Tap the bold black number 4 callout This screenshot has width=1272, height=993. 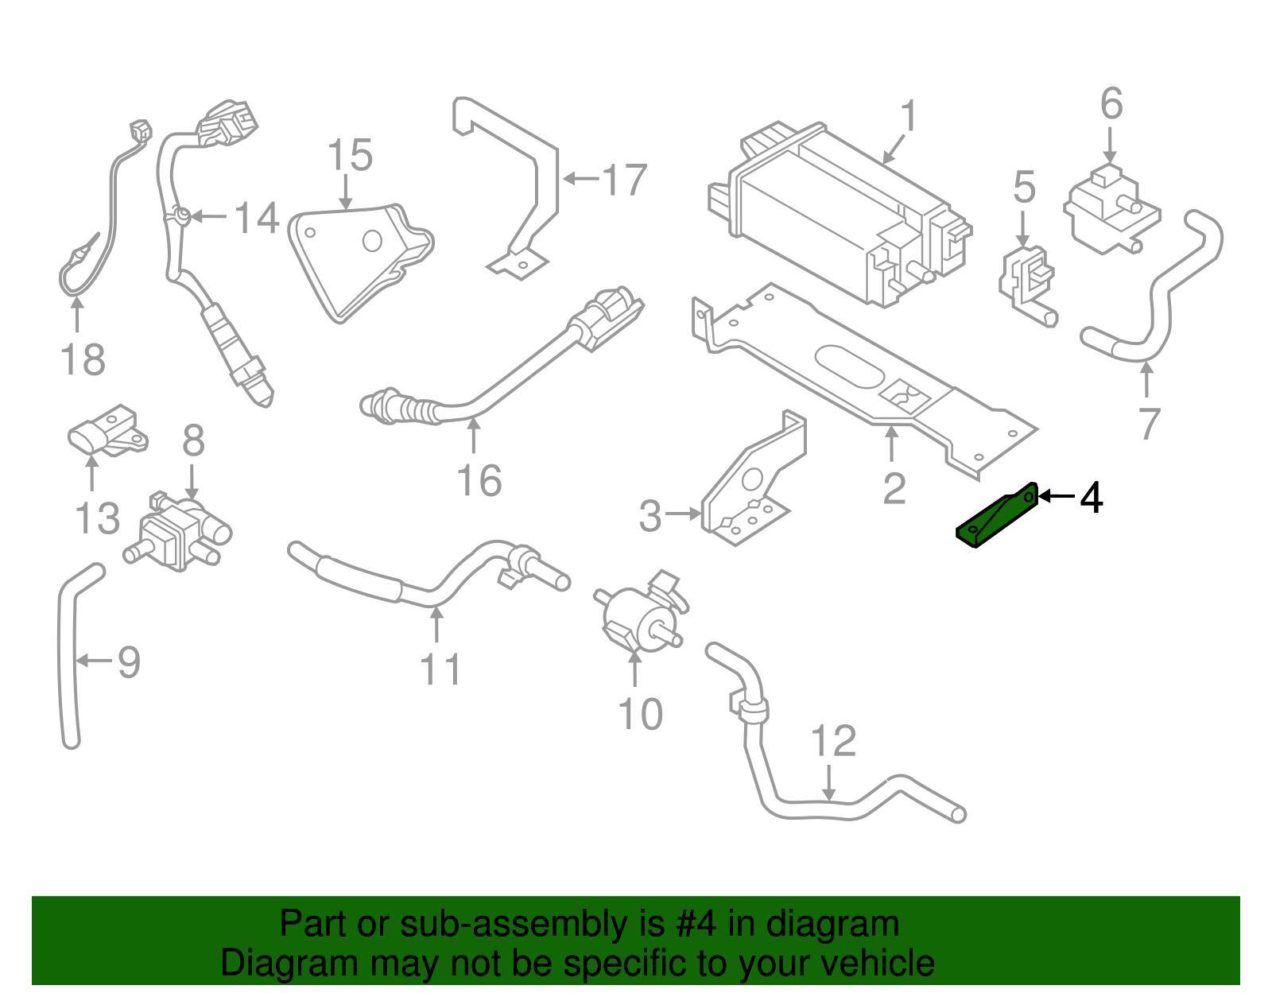pos(1092,498)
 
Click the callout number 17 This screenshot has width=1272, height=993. pos(624,180)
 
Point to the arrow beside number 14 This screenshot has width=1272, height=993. pos(208,216)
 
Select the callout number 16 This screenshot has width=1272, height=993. pos(479,481)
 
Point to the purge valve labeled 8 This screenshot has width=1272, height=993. pos(179,533)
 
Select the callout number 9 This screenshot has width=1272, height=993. pos(129,661)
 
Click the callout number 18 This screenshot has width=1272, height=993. pos(83,360)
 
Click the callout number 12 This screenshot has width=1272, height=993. pos(832,742)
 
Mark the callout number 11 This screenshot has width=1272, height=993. pos(440,669)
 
